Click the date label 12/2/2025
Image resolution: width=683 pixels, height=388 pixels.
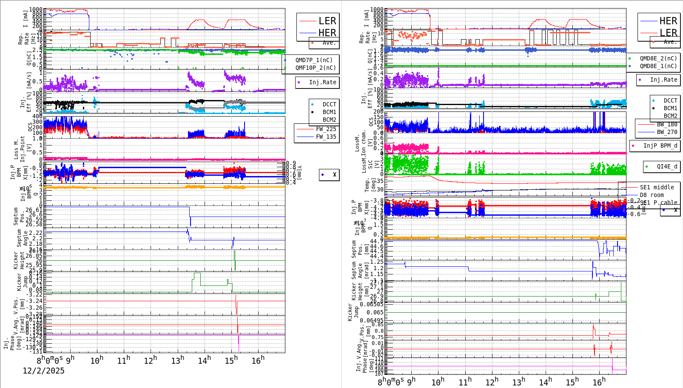click(43, 371)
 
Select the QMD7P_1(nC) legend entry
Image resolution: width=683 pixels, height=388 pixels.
click(314, 60)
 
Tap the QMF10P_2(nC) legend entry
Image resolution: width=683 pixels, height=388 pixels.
click(316, 68)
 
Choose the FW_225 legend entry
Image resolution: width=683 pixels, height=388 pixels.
click(326, 129)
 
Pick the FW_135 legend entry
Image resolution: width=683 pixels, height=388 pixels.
click(326, 137)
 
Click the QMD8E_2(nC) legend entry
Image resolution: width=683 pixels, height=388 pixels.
click(658, 58)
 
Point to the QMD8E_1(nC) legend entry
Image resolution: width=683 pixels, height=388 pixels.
click(658, 66)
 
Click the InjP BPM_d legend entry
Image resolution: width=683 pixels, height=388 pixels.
click(660, 145)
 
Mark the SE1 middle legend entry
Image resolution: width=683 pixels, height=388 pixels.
click(657, 187)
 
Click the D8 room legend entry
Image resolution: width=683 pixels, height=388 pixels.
click(652, 195)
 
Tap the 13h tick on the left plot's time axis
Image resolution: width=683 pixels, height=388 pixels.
click(178, 361)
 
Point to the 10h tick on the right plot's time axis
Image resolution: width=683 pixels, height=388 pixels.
click(438, 382)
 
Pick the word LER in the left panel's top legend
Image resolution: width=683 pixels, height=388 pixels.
click(327, 21)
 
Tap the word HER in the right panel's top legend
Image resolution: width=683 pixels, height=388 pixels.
click(668, 21)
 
